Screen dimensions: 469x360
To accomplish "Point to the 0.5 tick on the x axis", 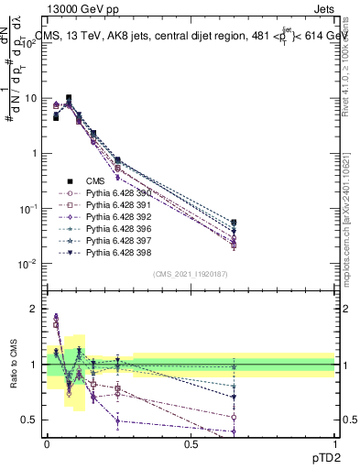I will coord(191,444).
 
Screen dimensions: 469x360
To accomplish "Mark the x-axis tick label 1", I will coord(334,444).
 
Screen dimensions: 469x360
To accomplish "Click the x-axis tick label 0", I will coord(47,444).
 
